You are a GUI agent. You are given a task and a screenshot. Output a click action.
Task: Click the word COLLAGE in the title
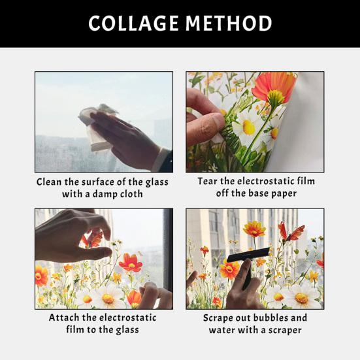(x=133, y=24)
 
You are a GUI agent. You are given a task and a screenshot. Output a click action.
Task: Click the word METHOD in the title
(x=228, y=24)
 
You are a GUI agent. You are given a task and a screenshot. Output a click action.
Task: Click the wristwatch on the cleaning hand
(x=160, y=160)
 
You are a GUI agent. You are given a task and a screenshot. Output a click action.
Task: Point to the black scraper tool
(x=251, y=253)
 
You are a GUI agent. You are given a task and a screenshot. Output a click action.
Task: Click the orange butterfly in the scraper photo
(x=292, y=232)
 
